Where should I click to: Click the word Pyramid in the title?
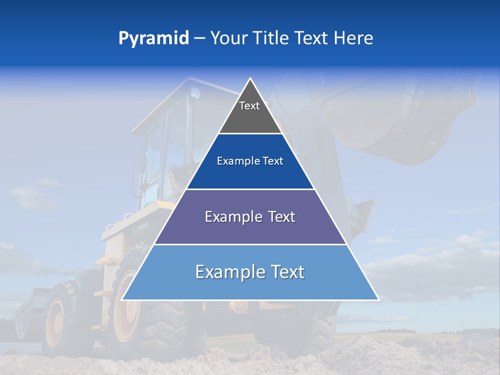click(x=154, y=38)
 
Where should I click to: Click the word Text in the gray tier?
click(x=249, y=106)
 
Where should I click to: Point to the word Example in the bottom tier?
click(x=227, y=272)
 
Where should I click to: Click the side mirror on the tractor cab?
click(x=137, y=172)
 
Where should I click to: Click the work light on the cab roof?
click(x=195, y=94)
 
